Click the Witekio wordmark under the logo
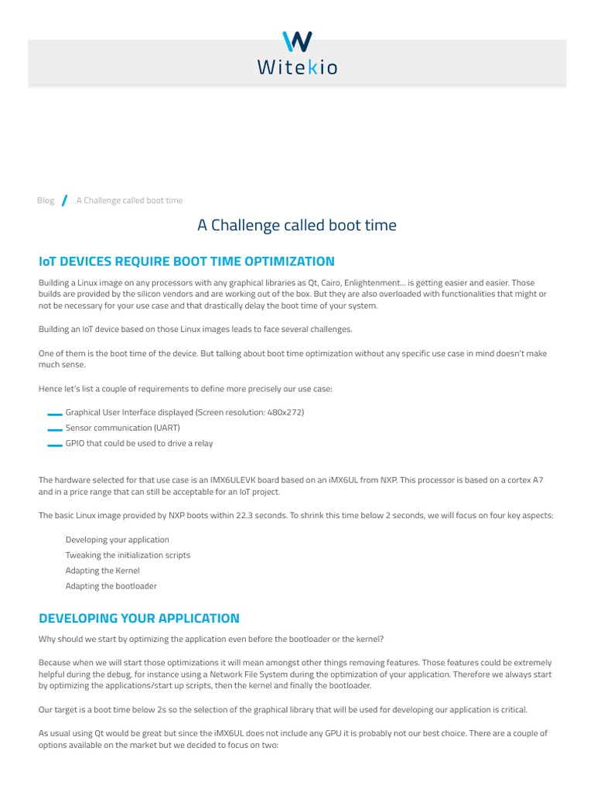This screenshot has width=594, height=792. [x=297, y=68]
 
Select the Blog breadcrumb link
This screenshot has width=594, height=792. [x=46, y=200]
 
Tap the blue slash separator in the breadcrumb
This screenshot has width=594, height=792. [x=65, y=200]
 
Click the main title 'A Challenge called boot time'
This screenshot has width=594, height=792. [x=297, y=225]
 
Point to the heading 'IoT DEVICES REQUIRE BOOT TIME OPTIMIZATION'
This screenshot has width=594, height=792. [x=186, y=261]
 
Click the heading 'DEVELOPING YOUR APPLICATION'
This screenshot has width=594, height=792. [x=139, y=618]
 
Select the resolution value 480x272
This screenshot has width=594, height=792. [x=283, y=412]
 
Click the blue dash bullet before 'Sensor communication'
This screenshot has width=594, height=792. [x=54, y=428]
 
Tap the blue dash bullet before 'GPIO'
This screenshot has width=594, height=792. [x=54, y=444]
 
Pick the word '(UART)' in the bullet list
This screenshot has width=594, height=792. [x=166, y=428]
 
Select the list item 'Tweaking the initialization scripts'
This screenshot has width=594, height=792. [x=128, y=555]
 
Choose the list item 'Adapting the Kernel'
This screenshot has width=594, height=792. [x=103, y=570]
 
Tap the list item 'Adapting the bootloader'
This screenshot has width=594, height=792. [x=111, y=585]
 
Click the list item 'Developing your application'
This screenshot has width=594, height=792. [x=118, y=539]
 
